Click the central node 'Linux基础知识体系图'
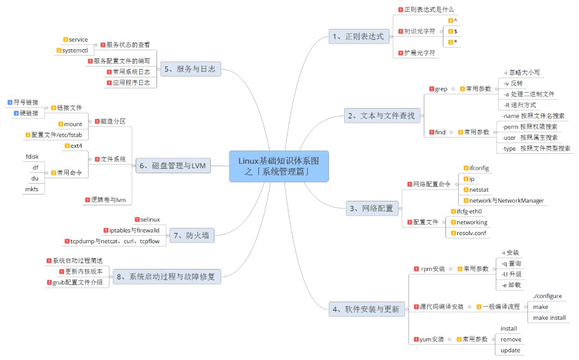tap(279, 166)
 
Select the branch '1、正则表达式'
tap(358, 36)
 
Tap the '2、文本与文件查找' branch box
tap(382, 116)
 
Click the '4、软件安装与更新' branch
tap(366, 309)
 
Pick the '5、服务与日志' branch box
tap(190, 69)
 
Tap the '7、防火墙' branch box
tap(191, 235)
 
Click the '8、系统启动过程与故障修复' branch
tap(167, 277)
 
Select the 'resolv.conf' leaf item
tap(472, 233)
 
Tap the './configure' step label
tap(547, 296)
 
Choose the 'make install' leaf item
tap(549, 318)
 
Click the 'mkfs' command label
tap(32, 189)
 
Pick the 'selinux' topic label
tap(150, 220)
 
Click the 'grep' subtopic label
tap(441, 89)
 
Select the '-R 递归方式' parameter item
tap(520, 105)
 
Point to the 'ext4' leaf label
tap(76, 146)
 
